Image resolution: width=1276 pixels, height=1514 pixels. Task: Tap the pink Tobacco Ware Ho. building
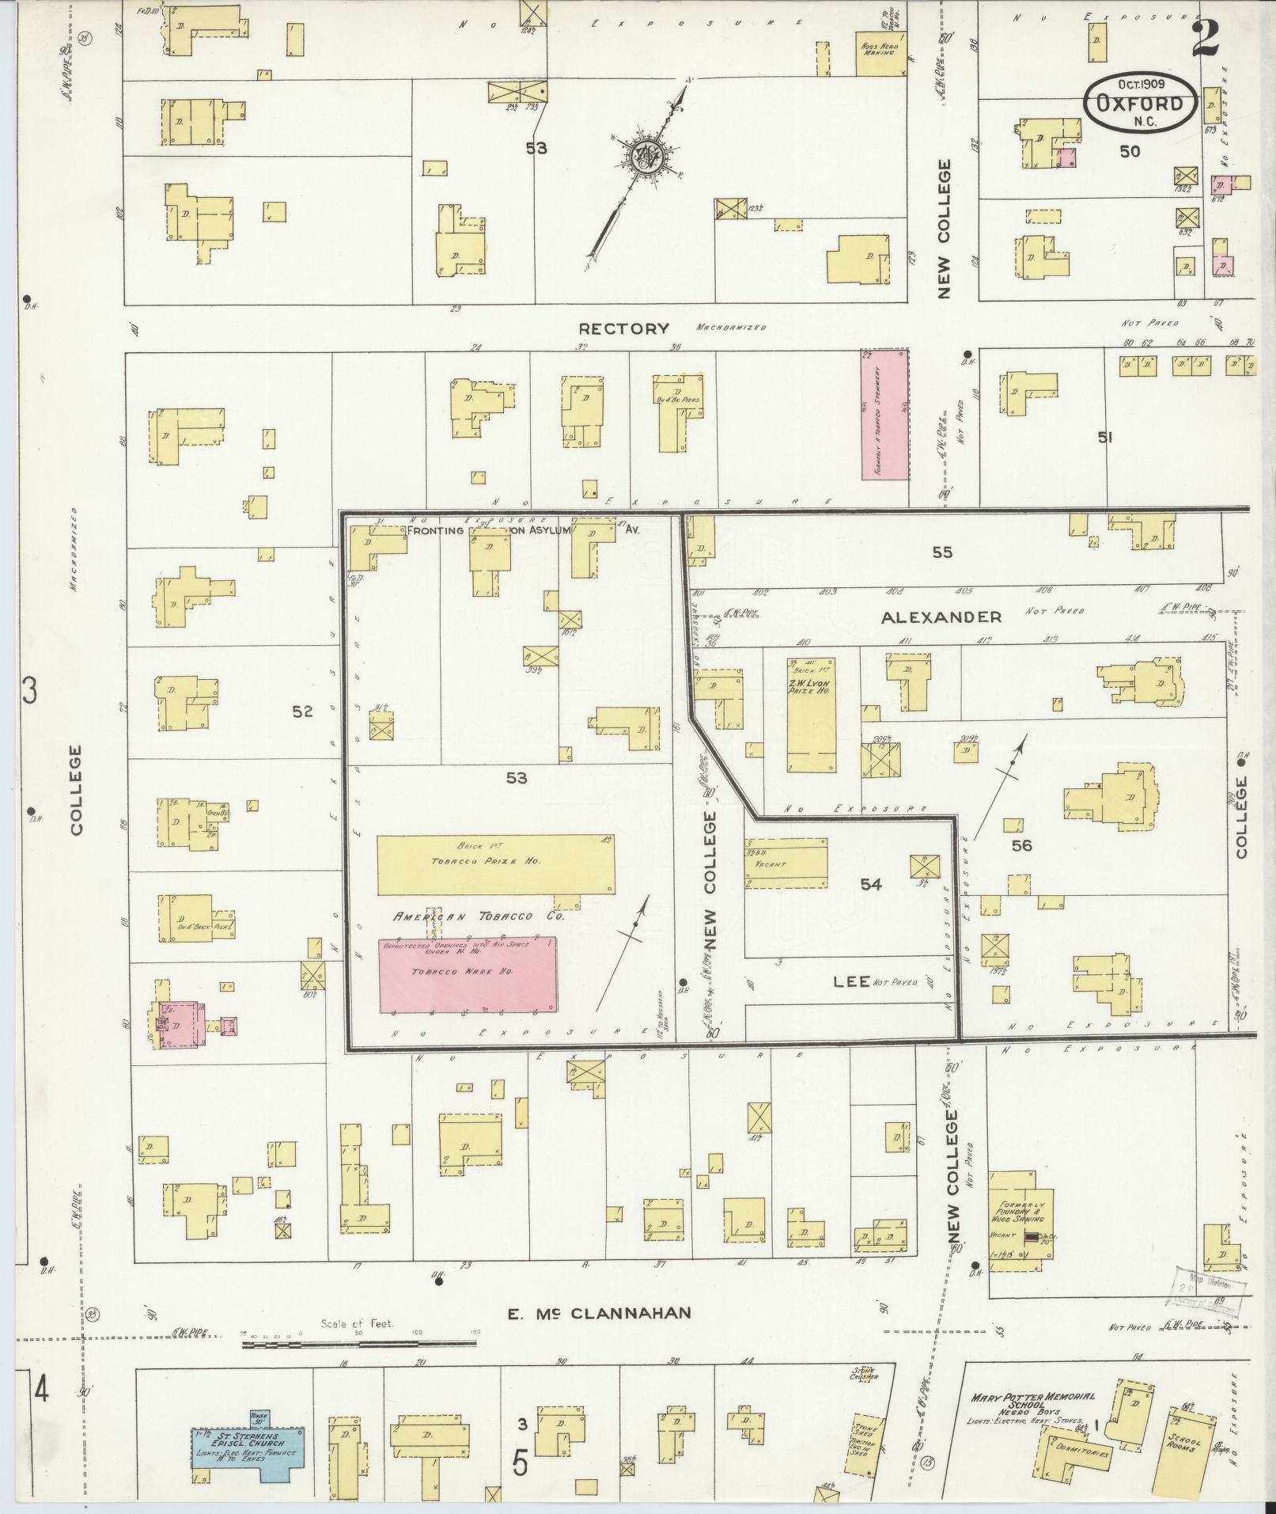click(x=468, y=975)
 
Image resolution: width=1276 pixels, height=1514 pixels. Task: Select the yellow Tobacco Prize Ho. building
click(x=496, y=863)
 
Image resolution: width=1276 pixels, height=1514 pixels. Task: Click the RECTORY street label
click(x=623, y=328)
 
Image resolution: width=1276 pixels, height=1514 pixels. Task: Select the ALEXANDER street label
click(x=941, y=617)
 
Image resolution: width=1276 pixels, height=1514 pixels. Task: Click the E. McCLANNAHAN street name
click(x=599, y=1312)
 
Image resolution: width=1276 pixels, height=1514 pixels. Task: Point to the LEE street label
click(x=851, y=982)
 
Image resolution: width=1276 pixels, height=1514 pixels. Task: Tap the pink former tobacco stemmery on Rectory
click(x=884, y=415)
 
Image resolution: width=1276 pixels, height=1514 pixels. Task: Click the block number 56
click(x=1021, y=845)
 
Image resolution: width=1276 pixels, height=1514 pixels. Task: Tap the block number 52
click(x=302, y=711)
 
